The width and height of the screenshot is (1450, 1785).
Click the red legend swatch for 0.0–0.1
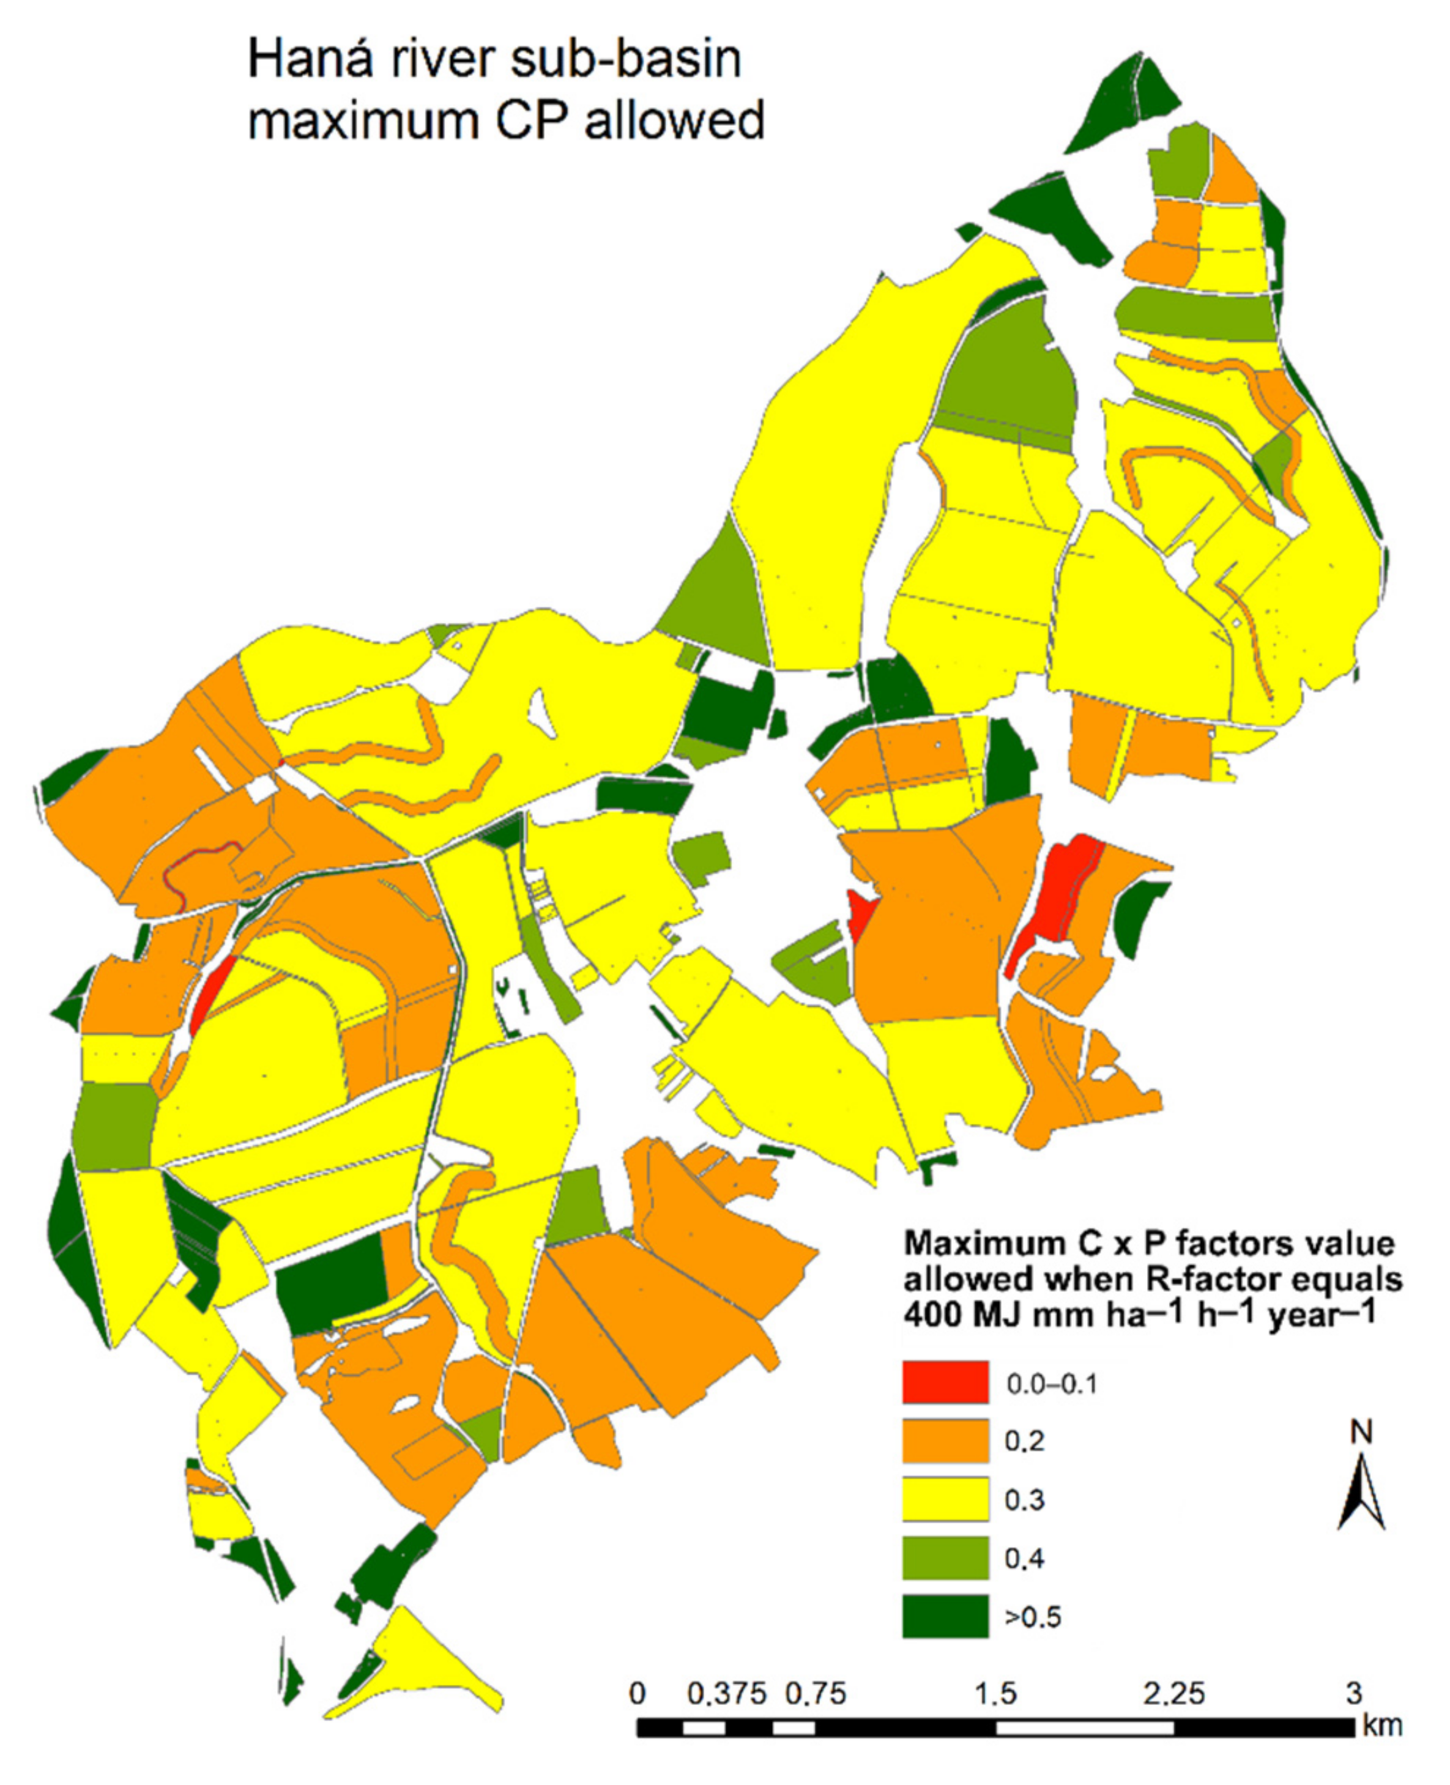click(x=945, y=1381)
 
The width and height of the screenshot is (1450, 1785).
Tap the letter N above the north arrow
click(x=1361, y=1433)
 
